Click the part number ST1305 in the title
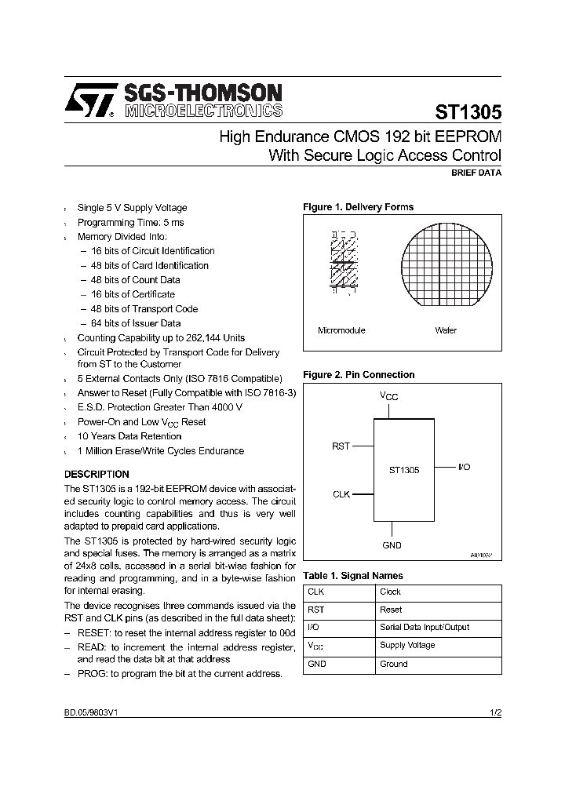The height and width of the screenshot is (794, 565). [468, 111]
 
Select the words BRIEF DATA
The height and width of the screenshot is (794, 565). [476, 172]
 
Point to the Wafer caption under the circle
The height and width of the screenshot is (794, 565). [445, 330]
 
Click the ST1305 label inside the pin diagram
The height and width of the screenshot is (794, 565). [404, 471]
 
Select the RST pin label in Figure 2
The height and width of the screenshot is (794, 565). [341, 446]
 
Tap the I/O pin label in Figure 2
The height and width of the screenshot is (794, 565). [464, 467]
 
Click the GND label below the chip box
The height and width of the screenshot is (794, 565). [392, 545]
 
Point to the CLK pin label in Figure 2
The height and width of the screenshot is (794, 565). [341, 494]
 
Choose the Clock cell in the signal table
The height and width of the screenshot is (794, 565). [390, 592]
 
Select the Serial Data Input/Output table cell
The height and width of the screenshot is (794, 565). [424, 628]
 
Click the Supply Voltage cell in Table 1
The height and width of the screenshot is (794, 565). [406, 646]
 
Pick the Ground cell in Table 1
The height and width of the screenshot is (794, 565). [393, 664]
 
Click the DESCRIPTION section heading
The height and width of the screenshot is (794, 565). [97, 474]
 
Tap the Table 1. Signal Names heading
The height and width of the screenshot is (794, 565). [353, 576]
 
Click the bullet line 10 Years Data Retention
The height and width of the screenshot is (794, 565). [129, 436]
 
